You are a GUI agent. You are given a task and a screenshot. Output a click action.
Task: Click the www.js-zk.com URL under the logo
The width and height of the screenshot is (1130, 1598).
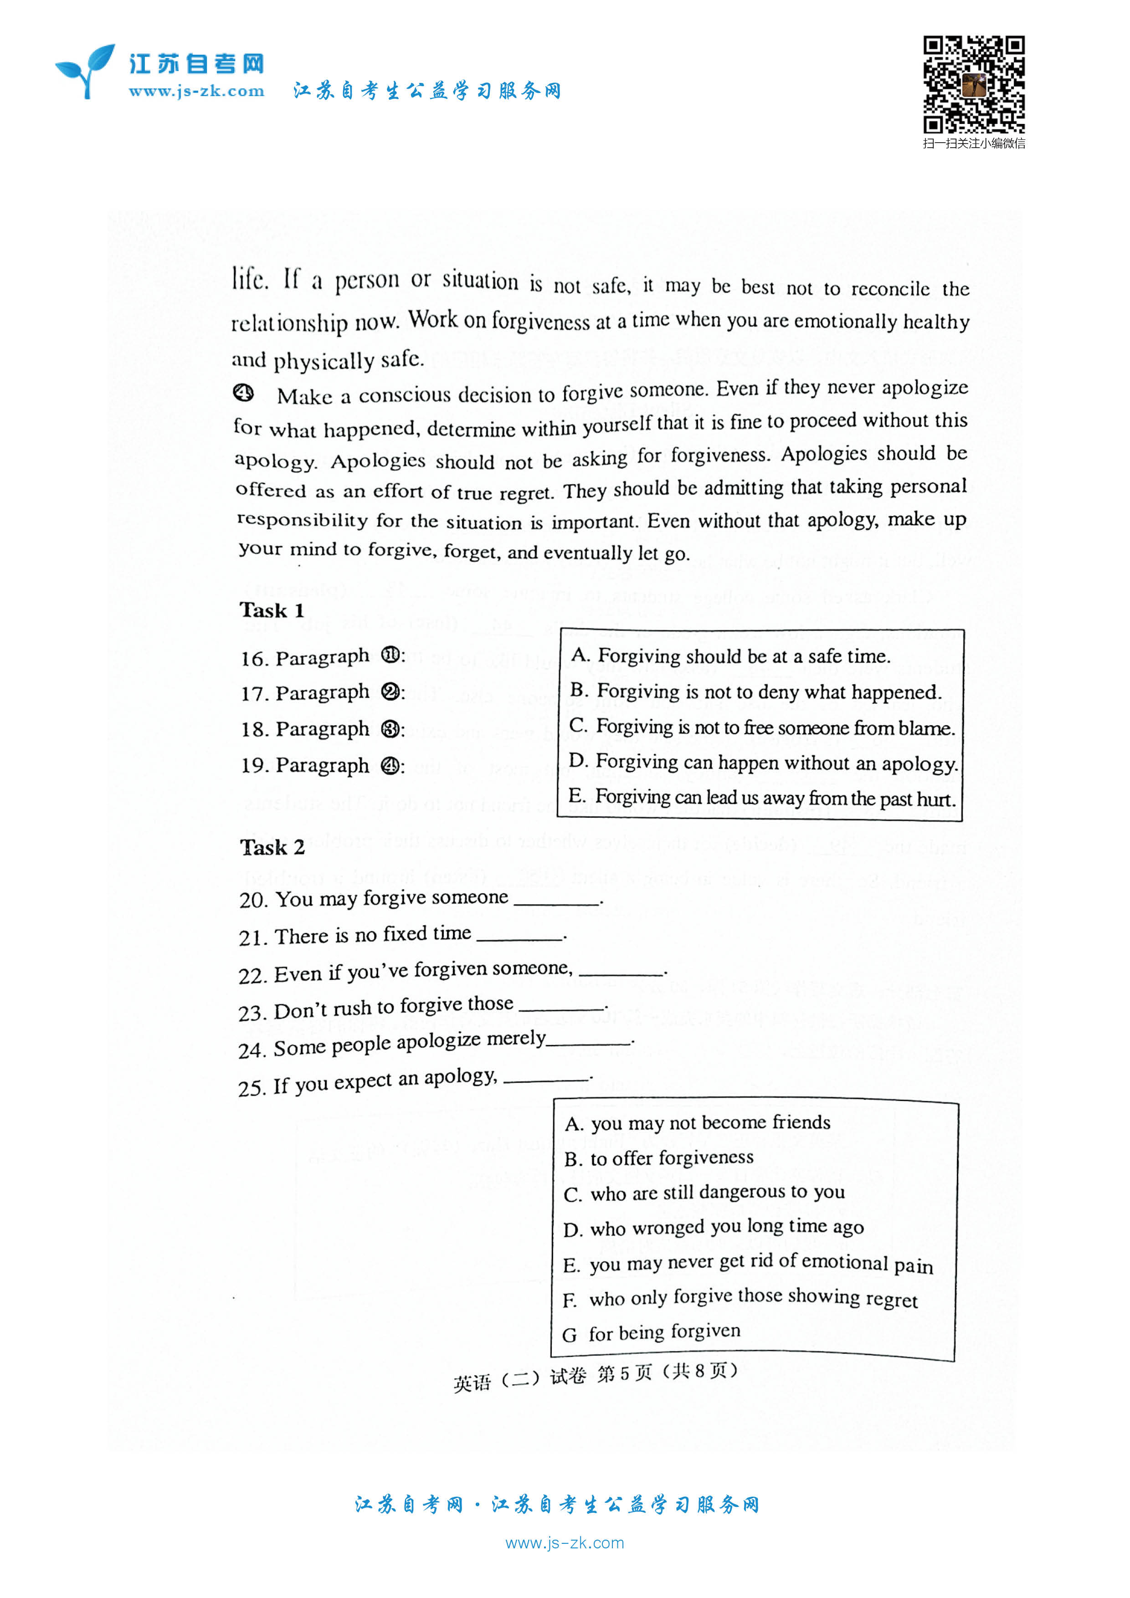pyautogui.click(x=196, y=91)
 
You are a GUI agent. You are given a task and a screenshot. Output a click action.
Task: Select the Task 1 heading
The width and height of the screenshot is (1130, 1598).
pyautogui.click(x=272, y=610)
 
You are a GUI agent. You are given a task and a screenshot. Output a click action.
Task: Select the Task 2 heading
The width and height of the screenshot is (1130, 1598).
pyautogui.click(x=272, y=847)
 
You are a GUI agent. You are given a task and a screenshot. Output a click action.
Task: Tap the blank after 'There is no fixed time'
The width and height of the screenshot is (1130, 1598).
pyautogui.click(x=520, y=937)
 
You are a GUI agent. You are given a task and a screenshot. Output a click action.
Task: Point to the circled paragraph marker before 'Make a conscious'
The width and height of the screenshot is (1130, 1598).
pyautogui.click(x=244, y=393)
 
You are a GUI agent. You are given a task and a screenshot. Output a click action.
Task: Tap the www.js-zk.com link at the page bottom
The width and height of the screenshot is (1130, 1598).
pyautogui.click(x=565, y=1543)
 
